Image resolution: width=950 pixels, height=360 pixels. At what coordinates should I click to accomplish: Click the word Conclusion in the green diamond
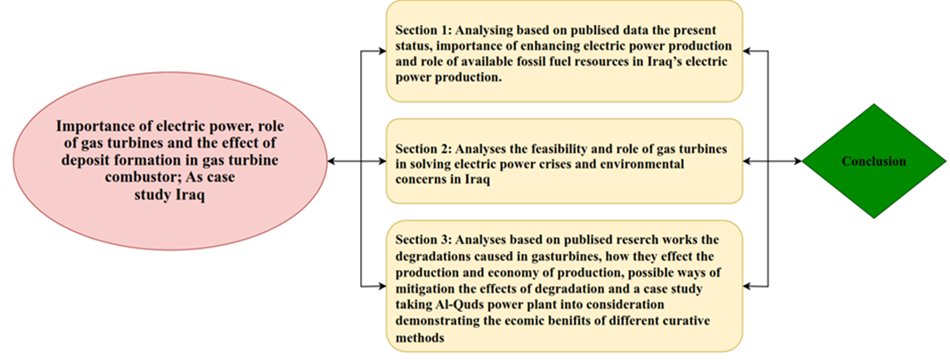click(873, 161)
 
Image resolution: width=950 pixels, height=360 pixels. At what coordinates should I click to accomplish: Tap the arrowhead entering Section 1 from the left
click(382, 50)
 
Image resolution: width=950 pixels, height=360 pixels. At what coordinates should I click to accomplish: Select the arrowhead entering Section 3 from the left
click(382, 284)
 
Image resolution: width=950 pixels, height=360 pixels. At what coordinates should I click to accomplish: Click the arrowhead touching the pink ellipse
click(331, 161)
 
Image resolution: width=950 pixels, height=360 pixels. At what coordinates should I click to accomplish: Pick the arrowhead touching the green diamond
click(798, 161)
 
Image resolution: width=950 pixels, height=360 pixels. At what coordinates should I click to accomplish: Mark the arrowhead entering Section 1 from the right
click(747, 50)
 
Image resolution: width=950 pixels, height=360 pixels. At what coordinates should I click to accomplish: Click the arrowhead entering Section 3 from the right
click(747, 284)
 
